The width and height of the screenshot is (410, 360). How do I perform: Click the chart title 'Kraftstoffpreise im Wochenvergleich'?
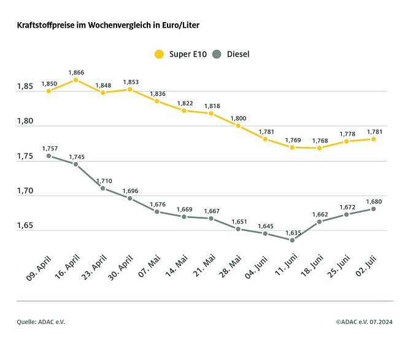(107, 26)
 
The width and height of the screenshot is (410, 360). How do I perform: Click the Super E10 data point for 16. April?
(75, 80)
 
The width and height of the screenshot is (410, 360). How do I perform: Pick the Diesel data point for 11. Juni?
(292, 240)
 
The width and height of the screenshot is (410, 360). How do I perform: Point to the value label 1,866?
(75, 72)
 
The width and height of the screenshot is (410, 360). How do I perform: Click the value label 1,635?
(292, 232)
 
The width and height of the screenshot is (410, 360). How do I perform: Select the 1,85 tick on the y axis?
(25, 87)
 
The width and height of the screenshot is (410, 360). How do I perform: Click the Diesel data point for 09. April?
(48, 156)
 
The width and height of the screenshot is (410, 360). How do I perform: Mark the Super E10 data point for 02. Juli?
(373, 139)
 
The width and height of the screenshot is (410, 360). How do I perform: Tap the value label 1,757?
(49, 148)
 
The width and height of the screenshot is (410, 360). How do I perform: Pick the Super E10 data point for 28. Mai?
(238, 126)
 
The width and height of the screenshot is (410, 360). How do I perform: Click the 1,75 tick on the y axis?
(25, 157)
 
